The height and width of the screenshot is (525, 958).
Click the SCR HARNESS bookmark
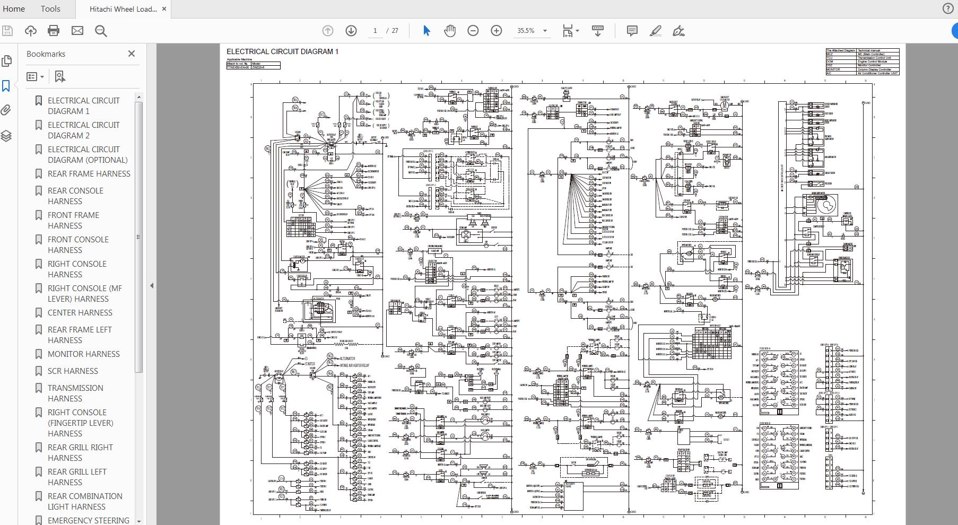tap(73, 371)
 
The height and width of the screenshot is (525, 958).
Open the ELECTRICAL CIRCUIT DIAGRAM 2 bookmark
tap(83, 130)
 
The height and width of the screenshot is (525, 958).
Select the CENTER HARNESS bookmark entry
tap(80, 312)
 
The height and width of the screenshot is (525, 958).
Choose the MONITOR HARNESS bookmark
tap(83, 354)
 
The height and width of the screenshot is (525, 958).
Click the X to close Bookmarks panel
tap(132, 54)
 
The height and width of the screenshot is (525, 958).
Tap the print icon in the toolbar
tap(54, 31)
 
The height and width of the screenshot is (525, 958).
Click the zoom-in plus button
tap(496, 31)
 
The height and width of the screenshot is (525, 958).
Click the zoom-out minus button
tap(473, 31)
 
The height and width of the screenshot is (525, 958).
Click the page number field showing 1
tap(375, 31)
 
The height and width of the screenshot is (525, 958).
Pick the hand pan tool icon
tap(450, 31)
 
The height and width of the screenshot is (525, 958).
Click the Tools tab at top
tap(50, 8)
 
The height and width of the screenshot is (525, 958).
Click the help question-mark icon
tap(948, 8)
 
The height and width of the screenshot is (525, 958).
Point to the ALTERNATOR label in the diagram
tap(347, 359)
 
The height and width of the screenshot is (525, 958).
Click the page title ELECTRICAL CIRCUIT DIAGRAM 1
tap(282, 51)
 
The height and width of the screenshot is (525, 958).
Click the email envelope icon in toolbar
tap(77, 31)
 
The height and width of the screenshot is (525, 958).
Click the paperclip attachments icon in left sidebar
tap(6, 110)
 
